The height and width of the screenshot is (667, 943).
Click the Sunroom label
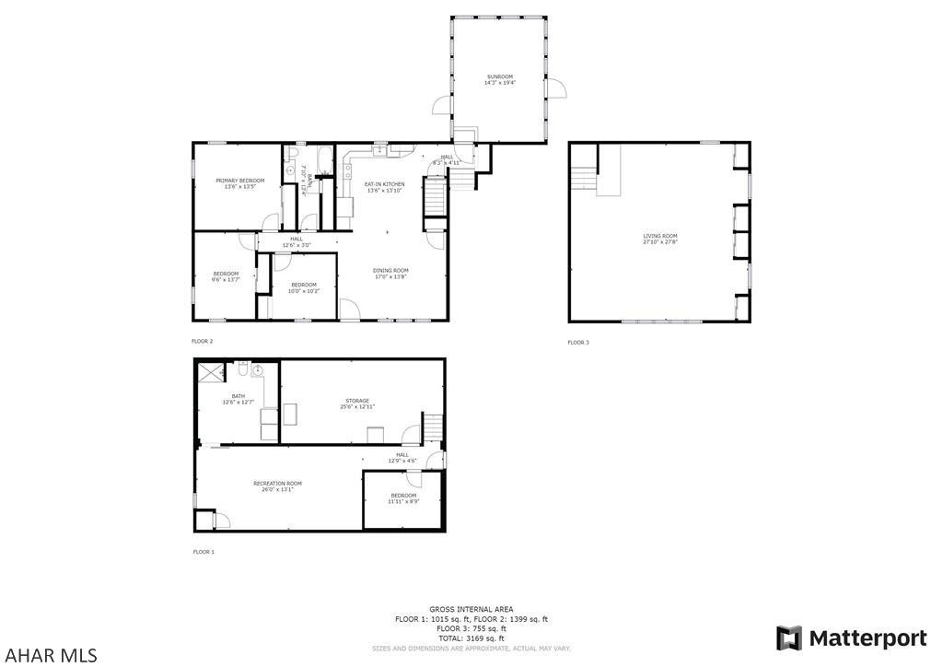499,79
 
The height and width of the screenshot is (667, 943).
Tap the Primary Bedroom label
239,183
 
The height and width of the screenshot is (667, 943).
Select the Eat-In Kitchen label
385,187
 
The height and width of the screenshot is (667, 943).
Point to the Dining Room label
390,273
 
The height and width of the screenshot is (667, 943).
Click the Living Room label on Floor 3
660,239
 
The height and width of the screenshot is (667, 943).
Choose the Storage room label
357,403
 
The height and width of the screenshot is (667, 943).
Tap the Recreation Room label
277,486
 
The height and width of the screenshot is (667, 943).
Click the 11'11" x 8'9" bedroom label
403,498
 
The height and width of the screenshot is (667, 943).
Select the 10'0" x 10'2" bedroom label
304,287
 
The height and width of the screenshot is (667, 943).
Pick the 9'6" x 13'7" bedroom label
226,275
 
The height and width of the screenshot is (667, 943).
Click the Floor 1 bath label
238,398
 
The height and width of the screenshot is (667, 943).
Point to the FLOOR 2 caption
202,341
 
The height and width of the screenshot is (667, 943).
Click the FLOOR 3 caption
577,343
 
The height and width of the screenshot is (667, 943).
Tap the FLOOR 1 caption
203,552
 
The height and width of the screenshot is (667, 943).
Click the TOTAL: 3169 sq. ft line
471,638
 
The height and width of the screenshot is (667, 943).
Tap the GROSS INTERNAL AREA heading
471,610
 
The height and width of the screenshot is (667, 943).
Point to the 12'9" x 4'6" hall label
402,457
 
